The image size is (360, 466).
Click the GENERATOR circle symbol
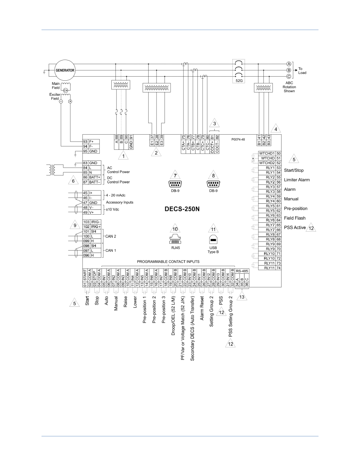pos(65,70)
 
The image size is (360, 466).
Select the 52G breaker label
pos(238,80)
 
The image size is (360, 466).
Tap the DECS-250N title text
pos(182,208)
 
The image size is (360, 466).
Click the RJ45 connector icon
pos(175,240)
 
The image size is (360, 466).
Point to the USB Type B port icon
pos(213,240)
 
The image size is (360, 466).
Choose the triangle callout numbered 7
pos(175,175)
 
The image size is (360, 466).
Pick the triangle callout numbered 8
pos(213,175)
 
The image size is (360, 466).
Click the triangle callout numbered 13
pos(242,297)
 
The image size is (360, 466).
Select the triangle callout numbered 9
pos(75,225)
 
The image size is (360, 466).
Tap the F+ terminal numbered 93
pos(88,141)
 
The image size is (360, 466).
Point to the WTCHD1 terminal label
pos(267,154)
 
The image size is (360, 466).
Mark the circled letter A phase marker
pos(289,64)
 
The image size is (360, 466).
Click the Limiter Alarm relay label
pos(297,180)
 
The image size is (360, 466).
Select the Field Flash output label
pos(295,218)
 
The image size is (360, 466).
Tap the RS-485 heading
pos(242,271)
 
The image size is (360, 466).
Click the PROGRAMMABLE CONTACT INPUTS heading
pos(168,261)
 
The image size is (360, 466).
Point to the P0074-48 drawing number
pos(238,139)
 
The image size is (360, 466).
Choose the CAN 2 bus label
pos(111,237)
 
